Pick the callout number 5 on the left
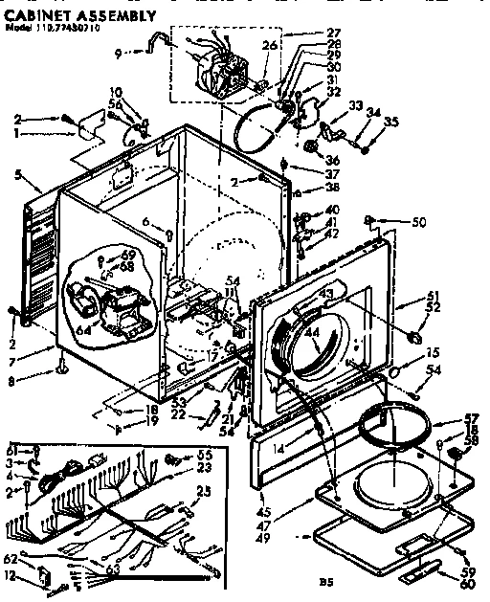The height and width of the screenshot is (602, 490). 18,174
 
